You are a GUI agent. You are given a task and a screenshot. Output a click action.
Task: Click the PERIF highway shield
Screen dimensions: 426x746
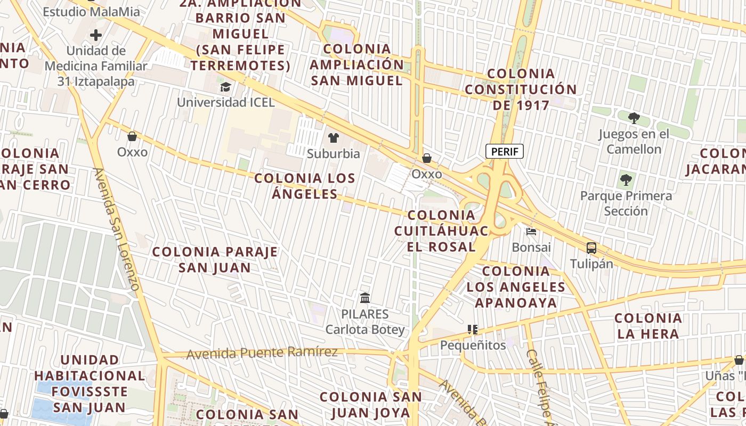pos(504,152)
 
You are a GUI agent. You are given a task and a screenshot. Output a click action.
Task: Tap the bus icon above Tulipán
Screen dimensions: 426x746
pos(591,248)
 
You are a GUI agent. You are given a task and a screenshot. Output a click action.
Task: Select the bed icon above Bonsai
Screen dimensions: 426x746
pos(531,231)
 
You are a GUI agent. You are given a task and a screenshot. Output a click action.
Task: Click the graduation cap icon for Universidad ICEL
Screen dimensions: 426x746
pos(226,87)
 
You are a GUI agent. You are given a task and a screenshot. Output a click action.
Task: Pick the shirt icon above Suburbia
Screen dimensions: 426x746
pos(334,138)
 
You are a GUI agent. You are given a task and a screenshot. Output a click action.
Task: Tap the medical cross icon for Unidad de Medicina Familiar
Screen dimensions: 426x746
pos(96,36)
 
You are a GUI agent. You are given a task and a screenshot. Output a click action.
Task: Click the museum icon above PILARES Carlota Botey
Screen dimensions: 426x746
pos(365,298)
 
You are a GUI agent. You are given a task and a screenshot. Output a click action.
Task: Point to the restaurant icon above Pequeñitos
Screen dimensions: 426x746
pos(472,330)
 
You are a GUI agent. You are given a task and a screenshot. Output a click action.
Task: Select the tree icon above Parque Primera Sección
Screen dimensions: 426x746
pos(626,180)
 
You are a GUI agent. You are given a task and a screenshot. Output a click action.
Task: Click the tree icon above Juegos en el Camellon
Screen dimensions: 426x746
pos(634,118)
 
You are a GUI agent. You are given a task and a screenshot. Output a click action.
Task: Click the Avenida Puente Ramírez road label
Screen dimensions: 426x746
pos(262,353)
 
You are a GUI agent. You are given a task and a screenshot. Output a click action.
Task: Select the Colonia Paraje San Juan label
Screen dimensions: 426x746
pos(215,259)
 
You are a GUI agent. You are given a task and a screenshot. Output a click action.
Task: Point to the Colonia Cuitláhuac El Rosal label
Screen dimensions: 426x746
pos(441,231)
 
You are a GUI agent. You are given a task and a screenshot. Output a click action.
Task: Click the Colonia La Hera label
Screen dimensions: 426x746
pos(648,326)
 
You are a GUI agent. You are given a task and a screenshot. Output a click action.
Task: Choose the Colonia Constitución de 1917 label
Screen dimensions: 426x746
pos(521,89)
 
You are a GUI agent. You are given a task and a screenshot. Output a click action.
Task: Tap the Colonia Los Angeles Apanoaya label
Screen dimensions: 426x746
pos(516,287)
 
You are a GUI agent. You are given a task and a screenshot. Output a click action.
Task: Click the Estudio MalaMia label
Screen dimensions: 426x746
pos(91,12)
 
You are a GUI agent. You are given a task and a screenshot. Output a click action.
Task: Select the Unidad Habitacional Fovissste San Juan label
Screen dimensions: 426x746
pos(90,384)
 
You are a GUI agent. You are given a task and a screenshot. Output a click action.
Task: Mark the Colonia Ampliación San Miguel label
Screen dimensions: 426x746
pos(357,65)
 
